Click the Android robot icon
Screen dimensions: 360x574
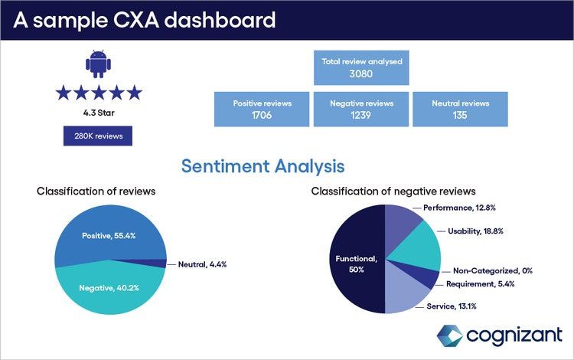pos(98,64)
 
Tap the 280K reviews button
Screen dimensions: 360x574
pos(98,136)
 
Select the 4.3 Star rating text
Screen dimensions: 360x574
pos(98,113)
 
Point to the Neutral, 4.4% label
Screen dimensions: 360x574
pos(201,264)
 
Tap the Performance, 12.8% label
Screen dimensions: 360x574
pos(448,208)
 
